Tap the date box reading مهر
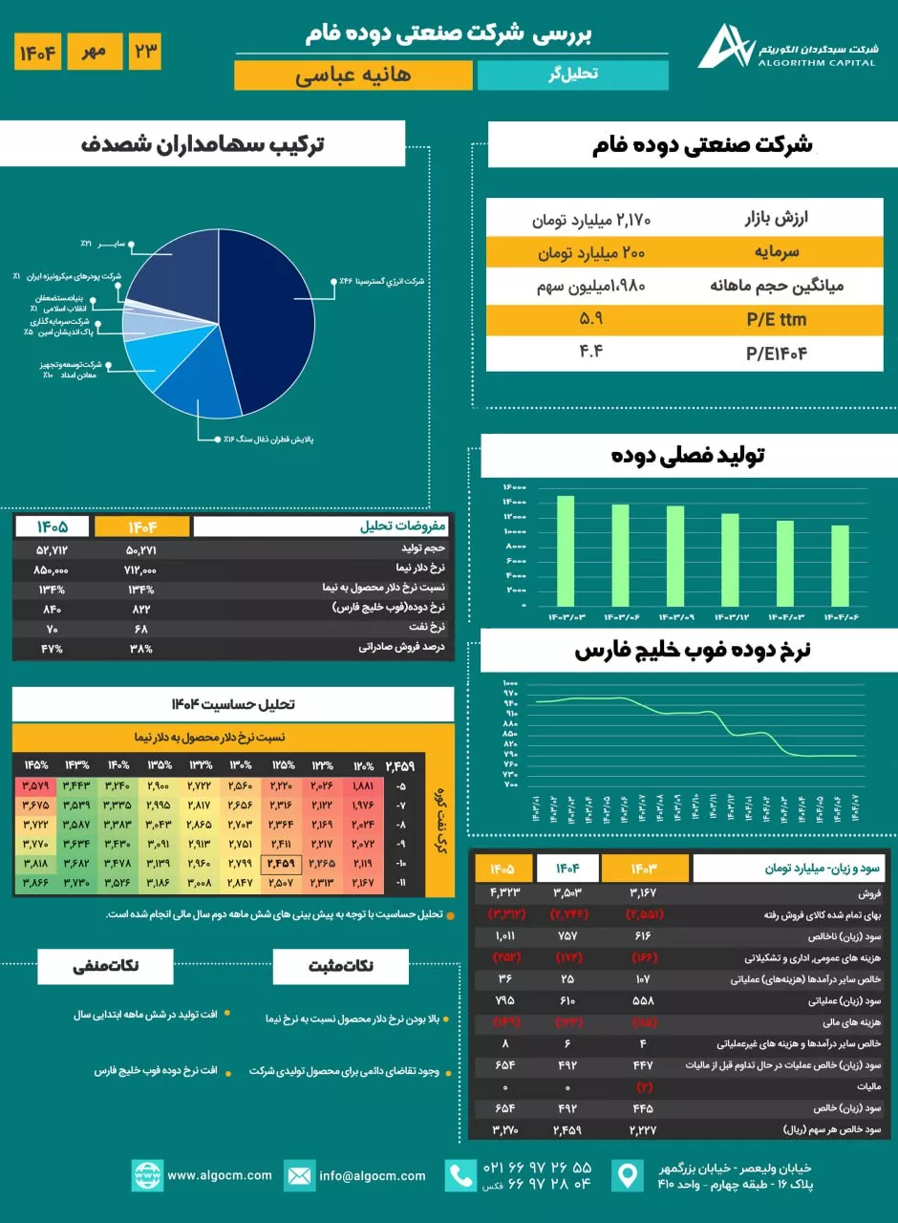pos(95,51)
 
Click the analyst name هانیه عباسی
pos(353,75)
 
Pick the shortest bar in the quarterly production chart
pos(840,566)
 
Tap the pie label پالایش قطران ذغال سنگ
pos(269,440)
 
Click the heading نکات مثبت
pos(339,966)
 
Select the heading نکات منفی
pos(106,966)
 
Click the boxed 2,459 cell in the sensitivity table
pos(282,864)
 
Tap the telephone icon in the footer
pos(462,1175)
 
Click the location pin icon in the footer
pos(628,1175)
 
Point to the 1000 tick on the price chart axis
pos(509,683)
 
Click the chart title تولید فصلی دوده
pos(688,456)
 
